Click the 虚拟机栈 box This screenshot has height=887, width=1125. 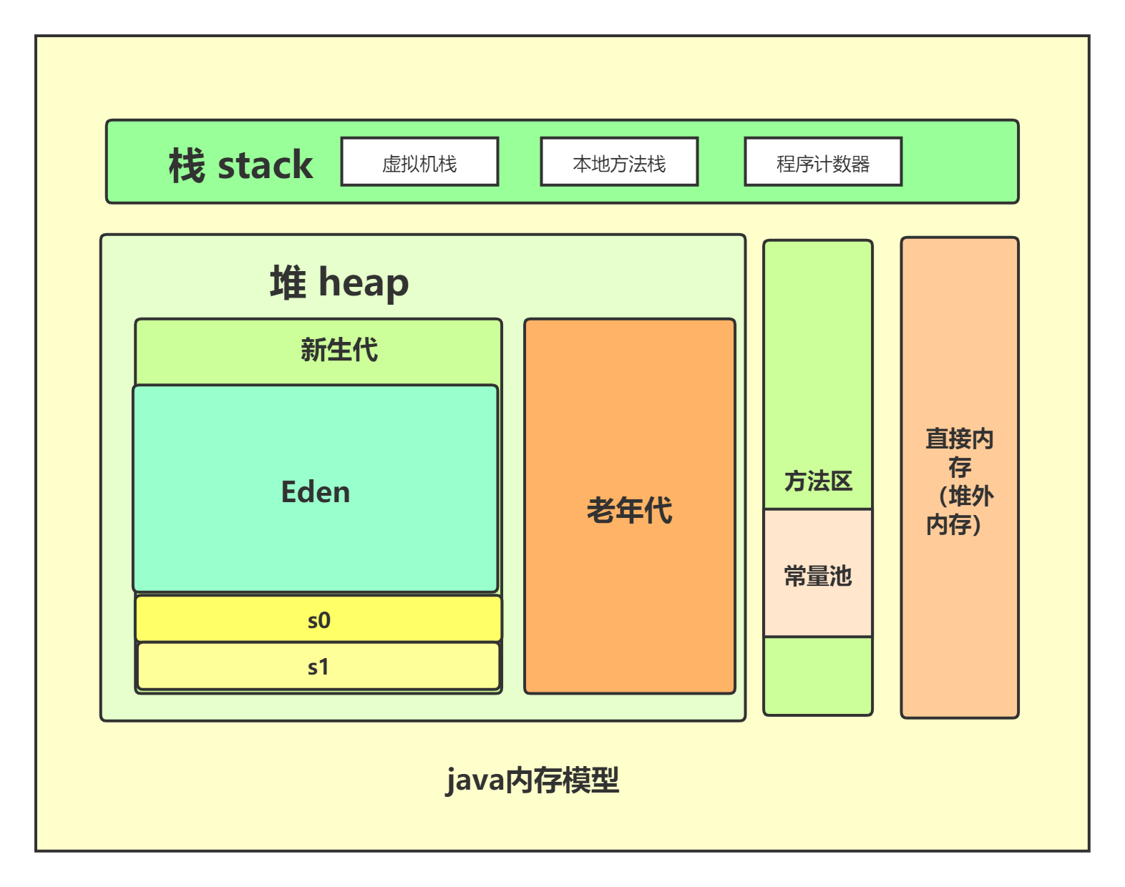pos(419,162)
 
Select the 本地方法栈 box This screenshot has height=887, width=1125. pos(619,162)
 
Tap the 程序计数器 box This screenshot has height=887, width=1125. pos(823,162)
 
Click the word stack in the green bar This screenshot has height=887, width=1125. pos(265,166)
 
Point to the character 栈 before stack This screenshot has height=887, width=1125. pos(187,166)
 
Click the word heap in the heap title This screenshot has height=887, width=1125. pos(364,283)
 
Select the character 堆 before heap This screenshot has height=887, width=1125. pos(288,283)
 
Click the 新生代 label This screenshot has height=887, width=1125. pos(339,350)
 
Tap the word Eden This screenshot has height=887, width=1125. pos(316,492)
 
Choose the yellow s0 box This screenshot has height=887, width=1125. pos(318,619)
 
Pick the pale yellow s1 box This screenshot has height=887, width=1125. pos(318,667)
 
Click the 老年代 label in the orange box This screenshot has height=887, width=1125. pos(629,510)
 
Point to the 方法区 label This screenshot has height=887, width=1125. pos(818,481)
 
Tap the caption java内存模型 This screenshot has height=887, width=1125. pos(532,780)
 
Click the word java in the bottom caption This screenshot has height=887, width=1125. pos(474,780)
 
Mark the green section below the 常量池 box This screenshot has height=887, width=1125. pos(818,675)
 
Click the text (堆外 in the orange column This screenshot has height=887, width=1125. pos(966,496)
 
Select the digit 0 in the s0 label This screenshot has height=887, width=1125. pos(324,620)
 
